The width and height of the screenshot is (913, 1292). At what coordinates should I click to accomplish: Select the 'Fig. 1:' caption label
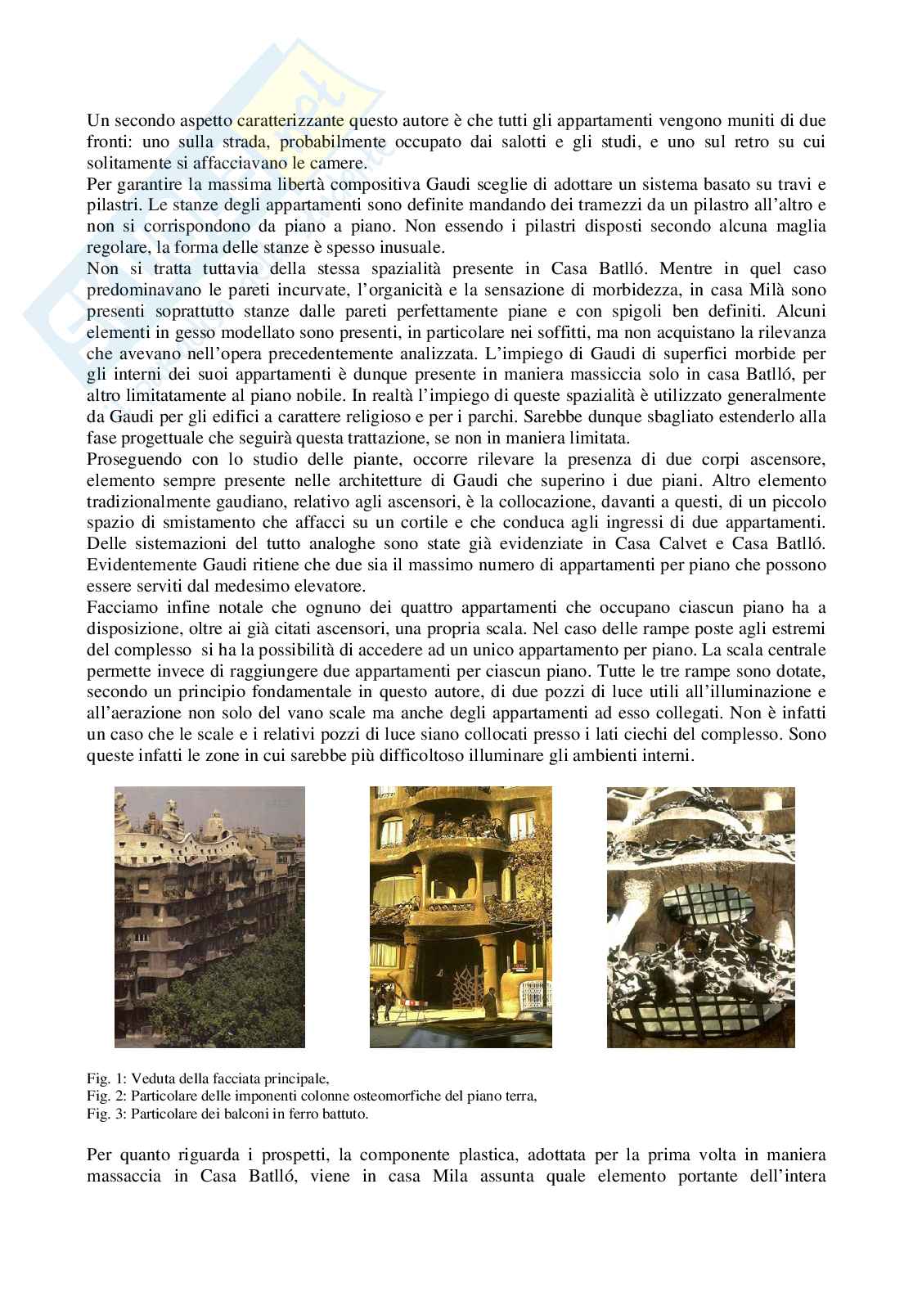click(x=102, y=1079)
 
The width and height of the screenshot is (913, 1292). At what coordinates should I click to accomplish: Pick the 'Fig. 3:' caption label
click(x=102, y=1114)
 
